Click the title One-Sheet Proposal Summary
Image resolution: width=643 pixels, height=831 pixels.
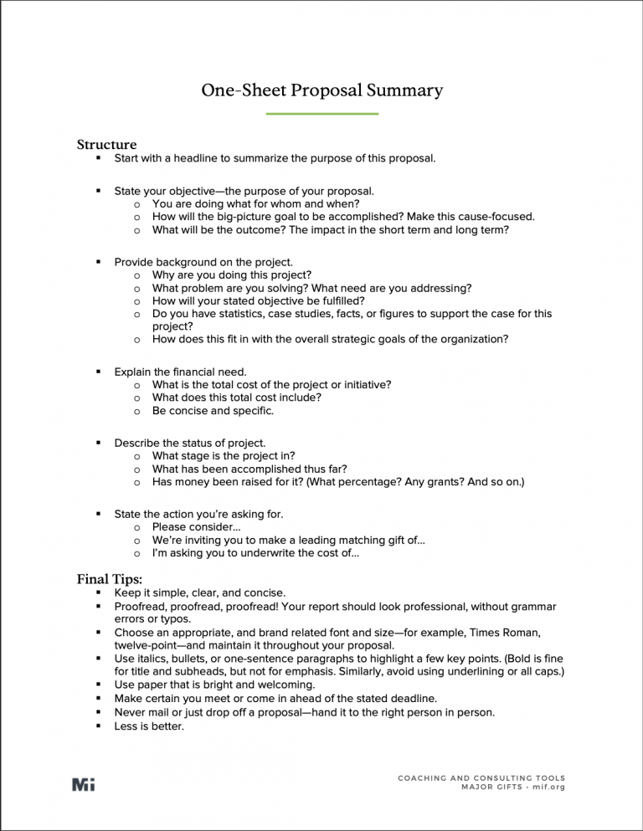coord(321,90)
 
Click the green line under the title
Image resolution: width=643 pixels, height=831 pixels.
coord(321,114)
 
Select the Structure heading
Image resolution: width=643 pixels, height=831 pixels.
coord(106,145)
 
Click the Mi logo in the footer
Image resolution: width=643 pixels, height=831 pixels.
coord(84,783)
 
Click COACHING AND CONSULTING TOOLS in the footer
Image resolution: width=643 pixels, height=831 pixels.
coord(481,777)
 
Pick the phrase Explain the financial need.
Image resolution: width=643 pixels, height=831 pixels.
coord(180,371)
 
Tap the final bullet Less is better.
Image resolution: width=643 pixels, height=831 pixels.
coord(149,726)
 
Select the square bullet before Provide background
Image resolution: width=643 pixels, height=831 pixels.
coord(98,262)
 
